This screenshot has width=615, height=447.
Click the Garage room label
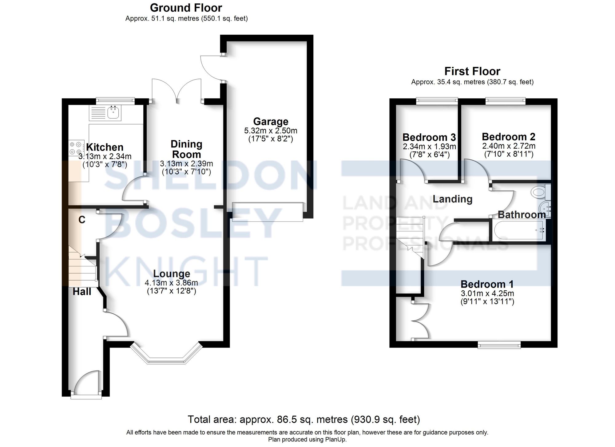271,122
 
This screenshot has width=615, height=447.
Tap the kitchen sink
114,112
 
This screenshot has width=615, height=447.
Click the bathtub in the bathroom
518,230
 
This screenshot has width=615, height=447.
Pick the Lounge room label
172,274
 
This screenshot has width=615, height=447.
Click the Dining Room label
186,149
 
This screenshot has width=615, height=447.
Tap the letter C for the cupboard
82,220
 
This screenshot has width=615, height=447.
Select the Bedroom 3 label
429,137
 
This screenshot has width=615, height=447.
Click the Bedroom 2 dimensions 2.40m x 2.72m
509,146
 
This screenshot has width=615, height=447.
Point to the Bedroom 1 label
487,284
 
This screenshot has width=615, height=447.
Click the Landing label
452,199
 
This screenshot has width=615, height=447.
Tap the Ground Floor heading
186,8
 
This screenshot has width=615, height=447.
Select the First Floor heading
472,71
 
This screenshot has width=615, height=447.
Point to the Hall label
82,292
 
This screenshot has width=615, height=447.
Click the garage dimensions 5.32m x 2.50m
271,131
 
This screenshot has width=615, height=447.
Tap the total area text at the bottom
304,419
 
